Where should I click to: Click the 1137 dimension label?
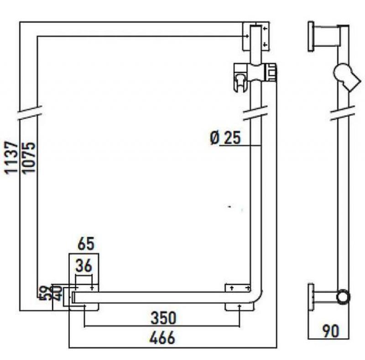coord(11,158)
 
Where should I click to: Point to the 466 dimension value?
coord(163,338)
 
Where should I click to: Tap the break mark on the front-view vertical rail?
coord(255,112)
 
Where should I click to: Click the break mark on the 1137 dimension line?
coord(28,113)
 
